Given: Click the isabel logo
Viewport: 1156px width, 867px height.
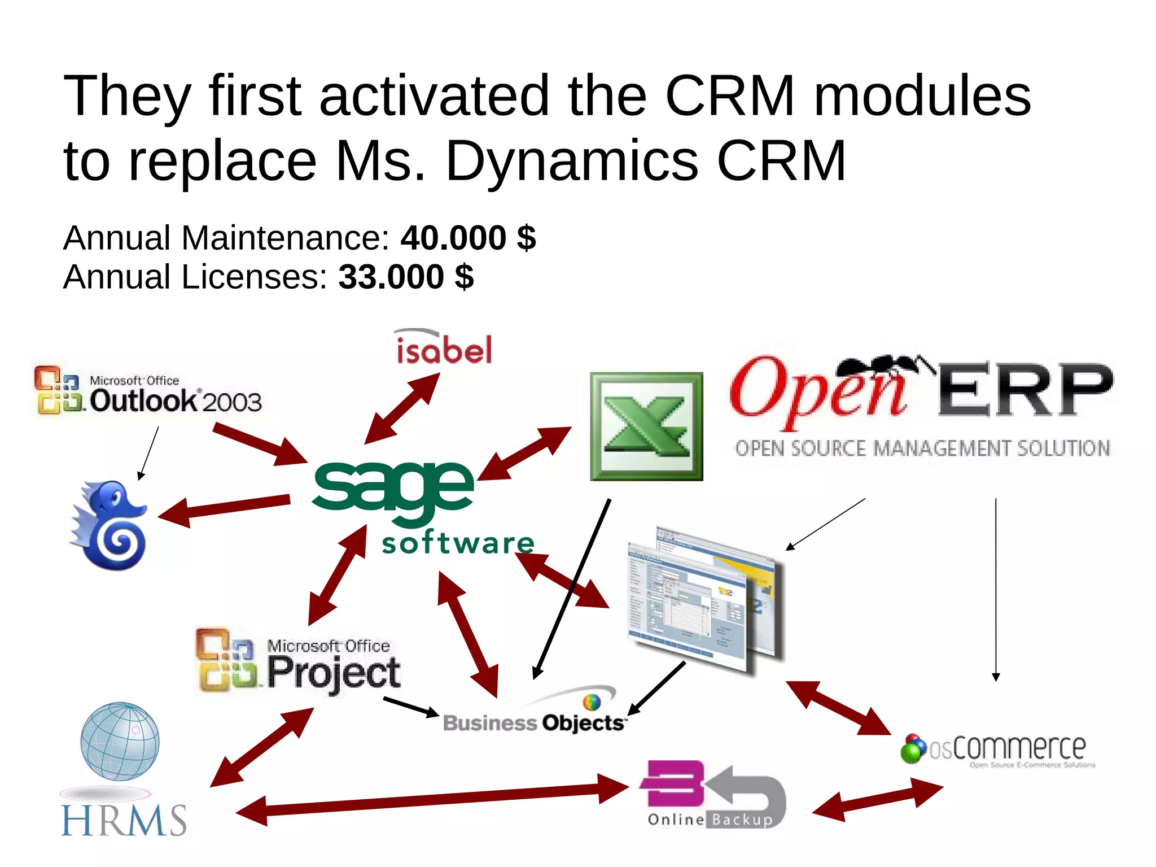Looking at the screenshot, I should coord(444,347).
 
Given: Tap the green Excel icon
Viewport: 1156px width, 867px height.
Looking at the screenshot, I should coord(646,426).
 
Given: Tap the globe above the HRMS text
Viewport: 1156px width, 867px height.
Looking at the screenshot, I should coord(120,741).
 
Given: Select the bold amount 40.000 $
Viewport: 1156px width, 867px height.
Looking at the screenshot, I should coord(468,237).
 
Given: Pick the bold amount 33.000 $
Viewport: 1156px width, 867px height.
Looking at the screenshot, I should coord(406,277).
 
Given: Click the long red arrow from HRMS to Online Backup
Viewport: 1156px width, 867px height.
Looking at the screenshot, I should coord(432,799).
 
